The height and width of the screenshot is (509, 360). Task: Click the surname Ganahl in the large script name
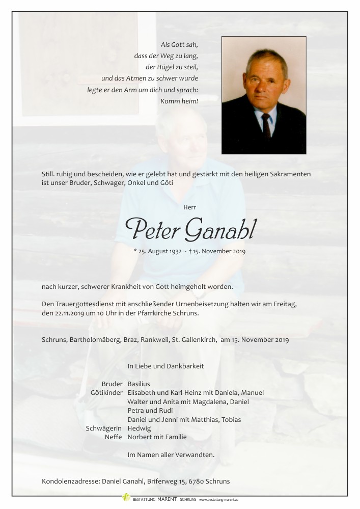click(221, 230)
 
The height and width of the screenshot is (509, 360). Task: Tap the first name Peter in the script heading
click(153, 230)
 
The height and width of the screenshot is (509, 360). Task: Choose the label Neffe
click(113, 437)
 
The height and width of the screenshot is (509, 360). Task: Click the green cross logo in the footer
click(126, 497)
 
